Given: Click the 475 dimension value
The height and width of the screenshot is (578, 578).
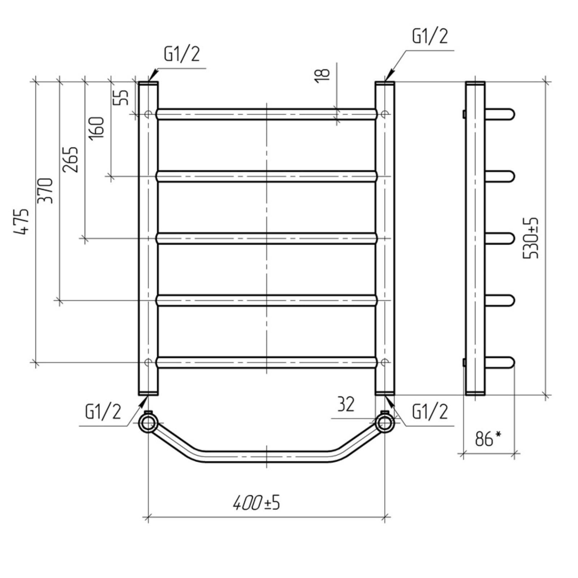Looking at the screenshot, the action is pyautogui.click(x=21, y=222).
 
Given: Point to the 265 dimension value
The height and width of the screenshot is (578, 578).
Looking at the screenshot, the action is pyautogui.click(x=70, y=159).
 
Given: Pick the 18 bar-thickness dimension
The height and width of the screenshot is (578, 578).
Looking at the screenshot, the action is pyautogui.click(x=322, y=76).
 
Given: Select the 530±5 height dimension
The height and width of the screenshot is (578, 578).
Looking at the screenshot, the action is pyautogui.click(x=531, y=238).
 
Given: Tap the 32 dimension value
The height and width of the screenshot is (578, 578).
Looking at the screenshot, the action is pyautogui.click(x=346, y=404).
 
